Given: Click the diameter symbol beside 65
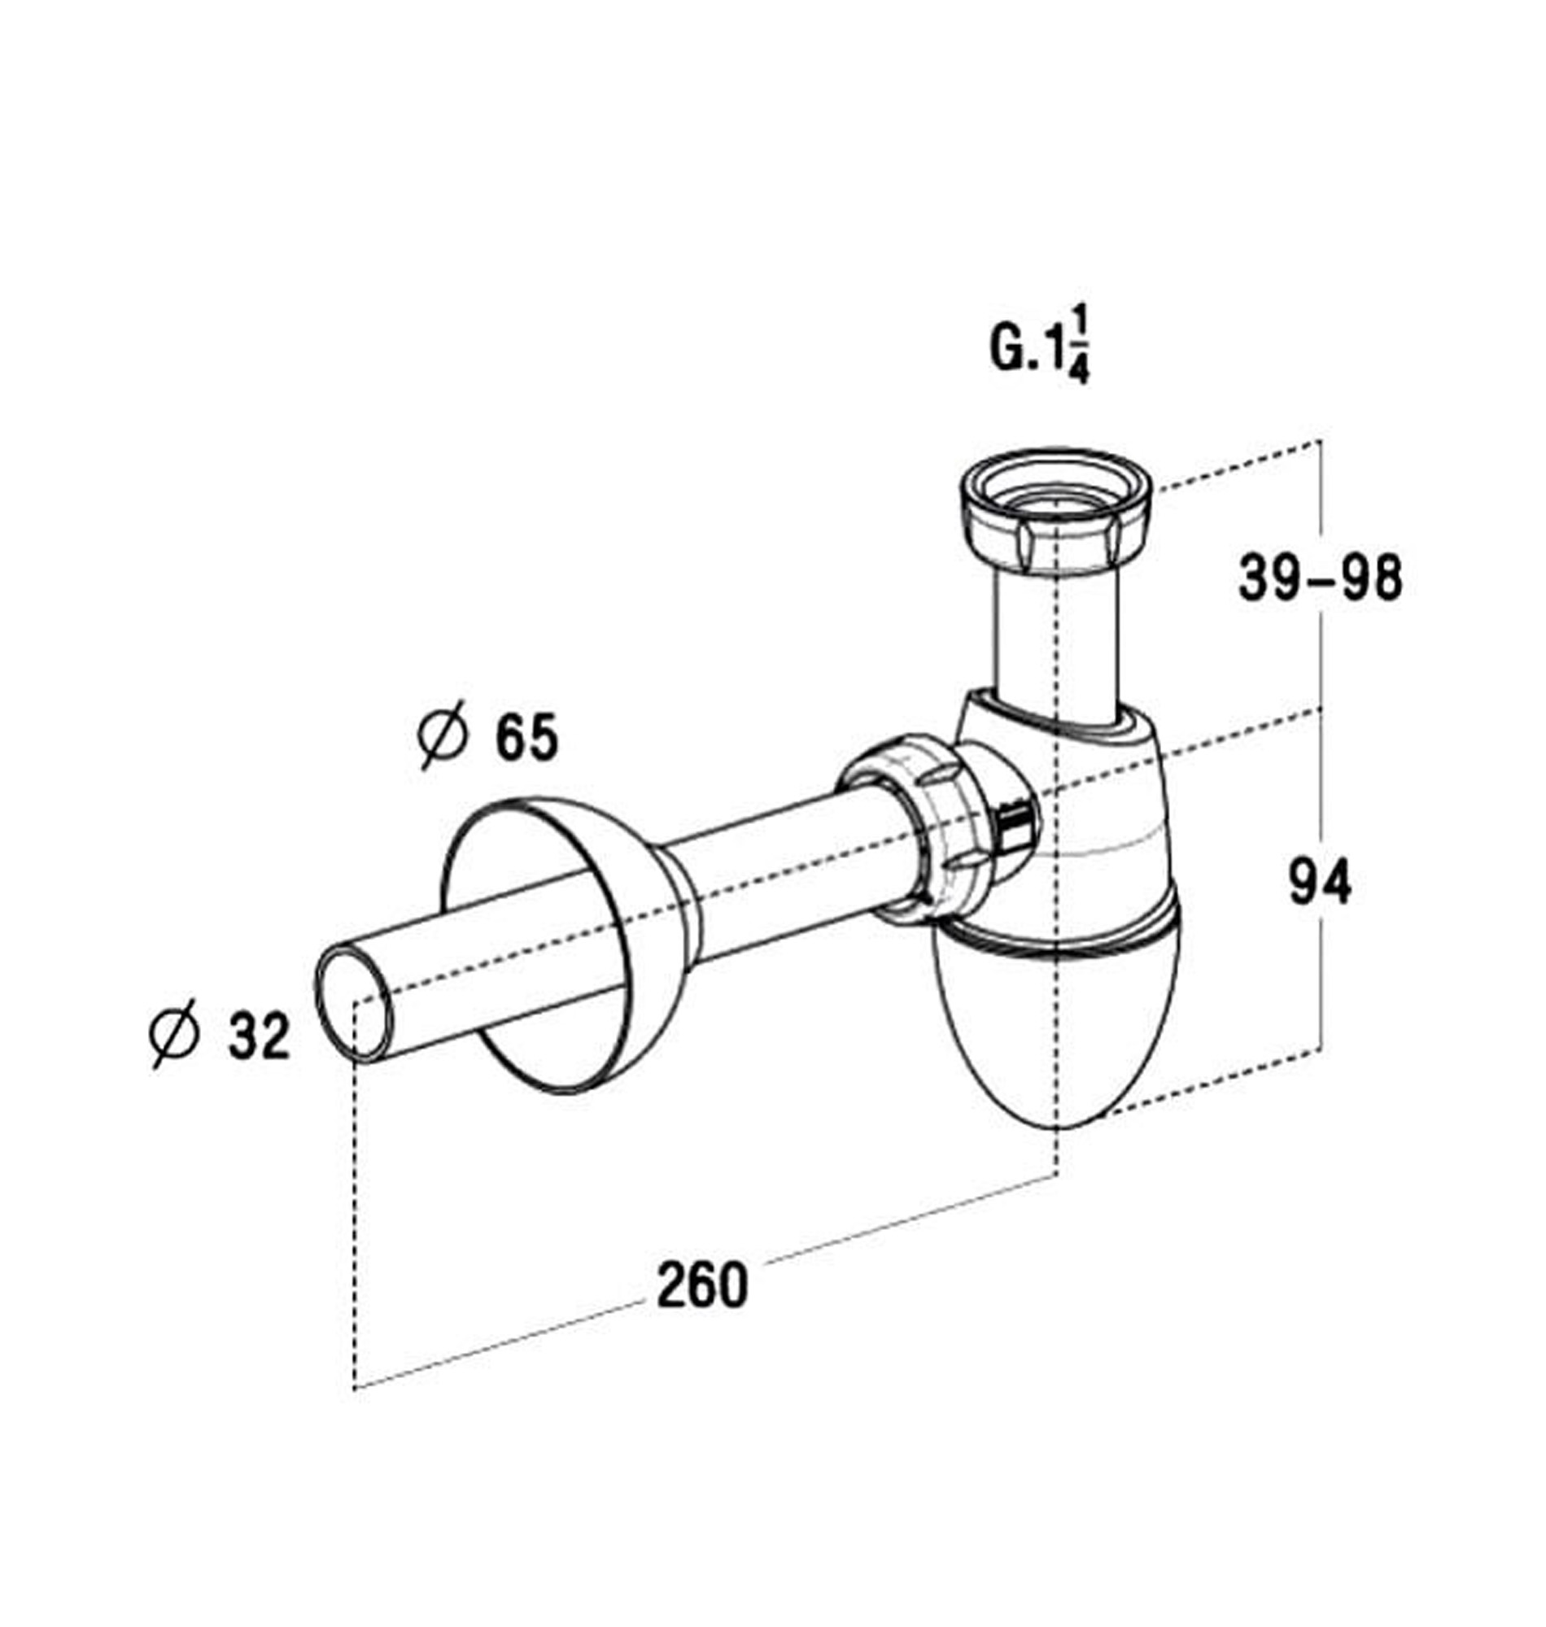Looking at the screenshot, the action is [443, 735].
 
